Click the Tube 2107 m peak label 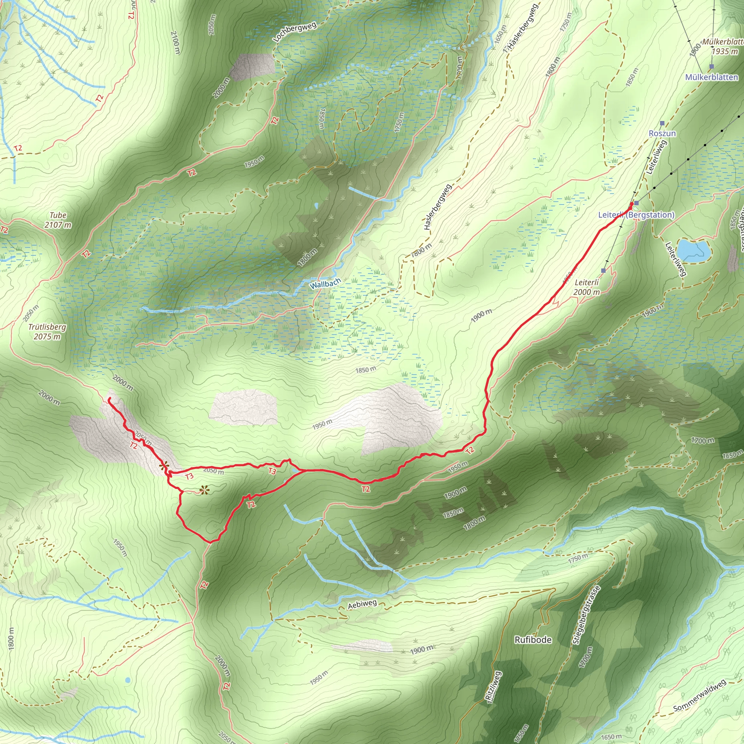click(x=58, y=220)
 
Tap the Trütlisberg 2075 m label click(x=47, y=332)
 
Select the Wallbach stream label click(x=325, y=284)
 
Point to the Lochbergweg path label click(x=295, y=32)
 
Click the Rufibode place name click(x=533, y=640)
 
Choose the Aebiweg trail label click(x=362, y=604)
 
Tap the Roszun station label click(x=662, y=133)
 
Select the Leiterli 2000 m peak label click(x=586, y=287)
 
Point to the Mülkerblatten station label click(x=711, y=77)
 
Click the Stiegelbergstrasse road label click(x=586, y=615)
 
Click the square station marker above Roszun click(x=662, y=123)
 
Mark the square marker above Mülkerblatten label click(x=711, y=66)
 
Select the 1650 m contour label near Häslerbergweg click(x=500, y=34)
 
